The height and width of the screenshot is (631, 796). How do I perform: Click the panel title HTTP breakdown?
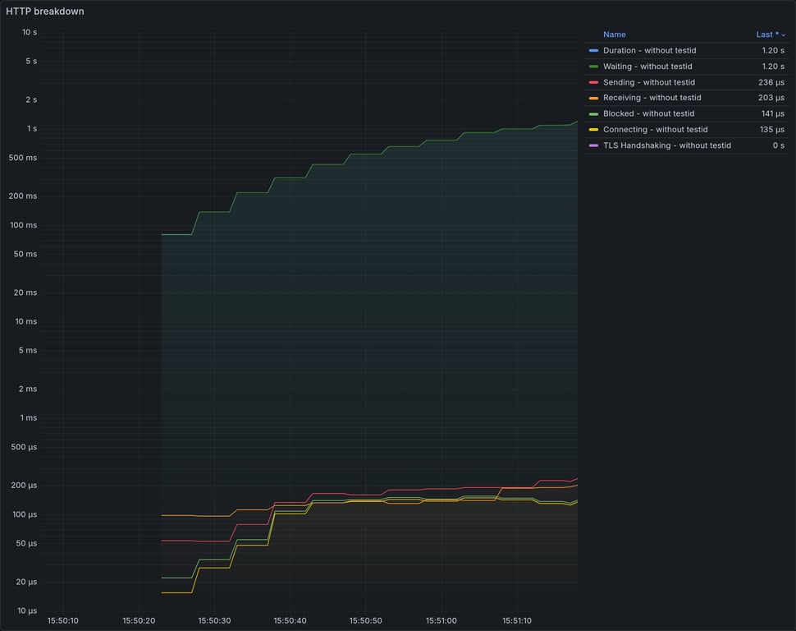(x=45, y=12)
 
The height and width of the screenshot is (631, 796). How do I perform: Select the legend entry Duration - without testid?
(x=649, y=51)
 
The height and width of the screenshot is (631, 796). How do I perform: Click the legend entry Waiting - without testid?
(x=647, y=67)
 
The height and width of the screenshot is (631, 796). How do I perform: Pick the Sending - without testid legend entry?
(x=648, y=82)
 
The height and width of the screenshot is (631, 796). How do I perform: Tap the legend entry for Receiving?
(x=652, y=98)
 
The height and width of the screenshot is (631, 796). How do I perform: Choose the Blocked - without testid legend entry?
(x=648, y=113)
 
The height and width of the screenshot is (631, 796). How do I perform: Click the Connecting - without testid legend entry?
(x=655, y=130)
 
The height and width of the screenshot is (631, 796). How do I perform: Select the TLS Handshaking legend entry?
(x=666, y=145)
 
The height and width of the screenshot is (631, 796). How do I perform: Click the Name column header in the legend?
(x=614, y=35)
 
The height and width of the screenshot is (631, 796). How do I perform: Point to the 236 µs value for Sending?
(x=771, y=82)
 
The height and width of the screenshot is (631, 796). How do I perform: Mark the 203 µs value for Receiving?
(x=771, y=98)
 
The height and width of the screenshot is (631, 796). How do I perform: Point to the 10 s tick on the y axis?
(x=30, y=32)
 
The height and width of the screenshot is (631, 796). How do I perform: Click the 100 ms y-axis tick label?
(x=24, y=225)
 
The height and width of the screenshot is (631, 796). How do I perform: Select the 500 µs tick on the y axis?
(x=24, y=447)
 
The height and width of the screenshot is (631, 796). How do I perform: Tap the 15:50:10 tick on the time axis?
(x=63, y=620)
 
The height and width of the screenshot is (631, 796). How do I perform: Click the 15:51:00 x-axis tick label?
(x=441, y=620)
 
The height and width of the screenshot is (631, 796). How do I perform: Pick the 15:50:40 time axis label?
(x=290, y=620)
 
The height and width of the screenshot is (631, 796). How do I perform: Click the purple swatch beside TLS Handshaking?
(x=593, y=145)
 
